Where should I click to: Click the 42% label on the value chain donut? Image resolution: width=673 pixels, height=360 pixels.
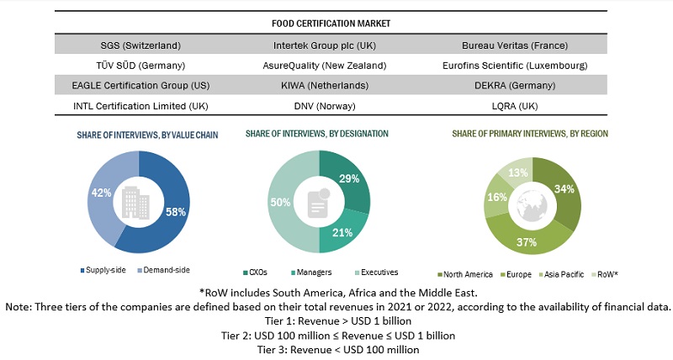99,193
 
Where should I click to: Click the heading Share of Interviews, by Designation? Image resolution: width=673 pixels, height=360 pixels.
316,134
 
